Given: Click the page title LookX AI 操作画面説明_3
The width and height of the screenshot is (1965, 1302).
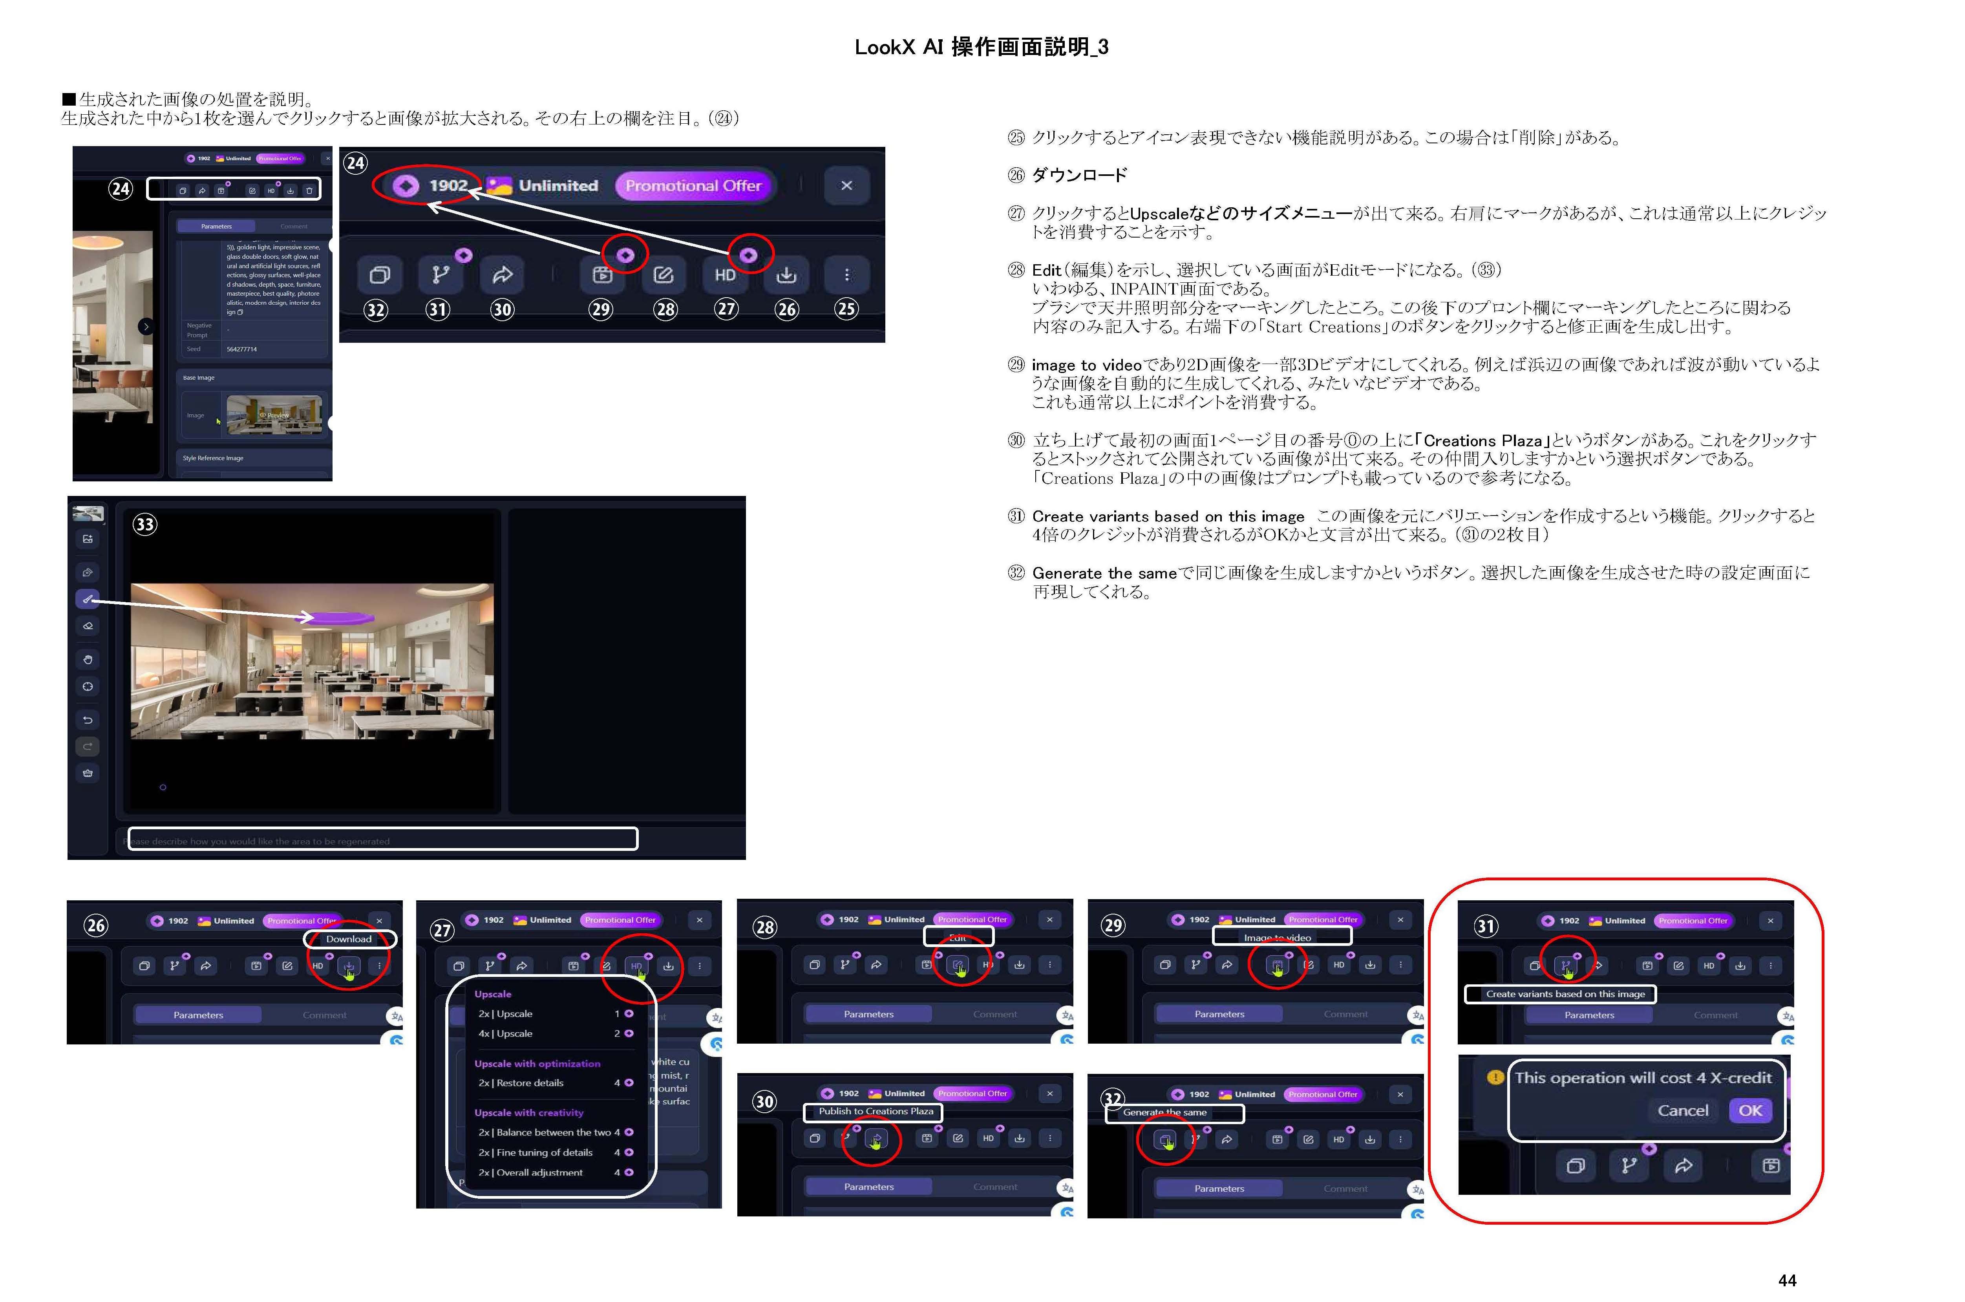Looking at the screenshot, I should tap(981, 48).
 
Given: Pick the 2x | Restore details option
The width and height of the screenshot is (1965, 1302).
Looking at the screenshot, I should tap(521, 1083).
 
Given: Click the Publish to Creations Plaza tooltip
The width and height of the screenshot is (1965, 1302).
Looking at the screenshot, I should tap(875, 1111).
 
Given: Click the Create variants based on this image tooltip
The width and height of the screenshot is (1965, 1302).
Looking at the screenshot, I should tap(1565, 994).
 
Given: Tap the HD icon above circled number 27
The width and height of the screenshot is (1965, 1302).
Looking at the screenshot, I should tap(725, 275).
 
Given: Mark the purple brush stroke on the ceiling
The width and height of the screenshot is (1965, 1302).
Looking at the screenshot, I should tap(345, 617).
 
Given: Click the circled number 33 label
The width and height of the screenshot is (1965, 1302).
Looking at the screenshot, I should tap(145, 524).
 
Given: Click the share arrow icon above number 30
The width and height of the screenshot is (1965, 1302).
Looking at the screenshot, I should tap(502, 275).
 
